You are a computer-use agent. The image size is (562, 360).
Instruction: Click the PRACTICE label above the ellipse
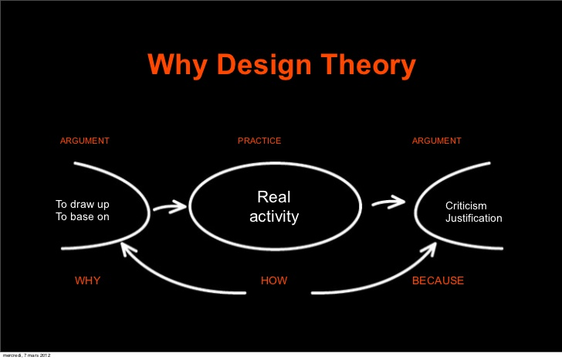(259, 141)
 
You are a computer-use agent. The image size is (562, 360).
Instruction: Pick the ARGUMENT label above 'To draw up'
(85, 141)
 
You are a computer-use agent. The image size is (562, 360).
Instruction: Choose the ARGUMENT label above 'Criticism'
(437, 141)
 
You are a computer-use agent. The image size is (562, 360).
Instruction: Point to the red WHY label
(87, 280)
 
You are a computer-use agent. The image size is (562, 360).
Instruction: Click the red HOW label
(274, 280)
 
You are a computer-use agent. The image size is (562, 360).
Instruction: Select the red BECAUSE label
(438, 280)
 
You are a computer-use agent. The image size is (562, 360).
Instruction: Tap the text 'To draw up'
(82, 204)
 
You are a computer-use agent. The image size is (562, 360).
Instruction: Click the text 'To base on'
(82, 217)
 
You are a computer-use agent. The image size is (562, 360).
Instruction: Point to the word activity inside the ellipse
(274, 217)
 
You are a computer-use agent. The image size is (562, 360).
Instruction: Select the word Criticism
(466, 205)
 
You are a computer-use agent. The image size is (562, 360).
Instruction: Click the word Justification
(473, 219)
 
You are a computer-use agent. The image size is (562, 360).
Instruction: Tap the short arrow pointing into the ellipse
(170, 206)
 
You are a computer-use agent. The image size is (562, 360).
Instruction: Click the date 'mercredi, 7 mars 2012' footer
(26, 355)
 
